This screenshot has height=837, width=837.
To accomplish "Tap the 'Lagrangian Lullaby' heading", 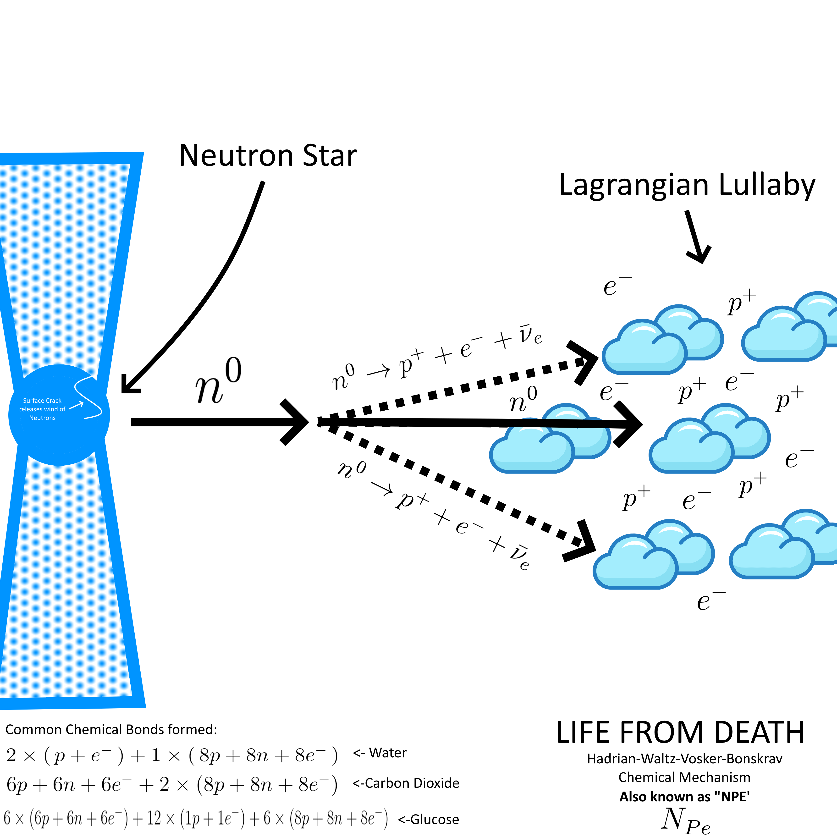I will (x=687, y=185).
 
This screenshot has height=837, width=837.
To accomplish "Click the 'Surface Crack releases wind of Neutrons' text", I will (x=42, y=409).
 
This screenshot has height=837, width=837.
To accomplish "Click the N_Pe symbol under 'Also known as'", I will (x=685, y=820).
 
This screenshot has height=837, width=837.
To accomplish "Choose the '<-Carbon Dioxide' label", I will (x=406, y=783).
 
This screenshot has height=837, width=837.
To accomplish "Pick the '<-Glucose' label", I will (x=428, y=819).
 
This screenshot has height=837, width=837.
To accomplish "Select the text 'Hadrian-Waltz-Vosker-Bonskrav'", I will (x=684, y=759).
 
